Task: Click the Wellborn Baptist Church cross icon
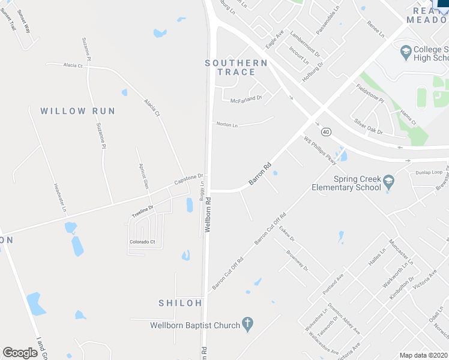point(247,325)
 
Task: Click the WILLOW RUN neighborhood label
point(77,111)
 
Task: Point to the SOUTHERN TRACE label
point(236,67)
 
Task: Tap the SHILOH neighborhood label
point(180,303)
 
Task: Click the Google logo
point(20,353)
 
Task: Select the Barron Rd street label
point(260,173)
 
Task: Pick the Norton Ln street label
point(228,125)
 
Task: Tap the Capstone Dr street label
point(186,179)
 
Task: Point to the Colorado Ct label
point(142,242)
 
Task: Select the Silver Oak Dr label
point(368,126)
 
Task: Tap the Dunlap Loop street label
point(429,173)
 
